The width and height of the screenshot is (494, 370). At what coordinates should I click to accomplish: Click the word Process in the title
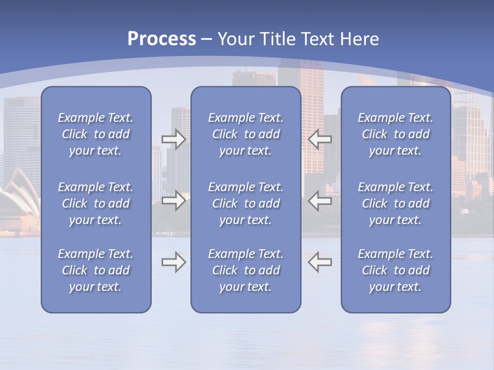click(x=162, y=39)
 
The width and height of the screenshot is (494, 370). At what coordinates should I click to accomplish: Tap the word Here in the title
click(x=360, y=39)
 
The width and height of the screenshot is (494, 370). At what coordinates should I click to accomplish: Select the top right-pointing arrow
click(x=174, y=139)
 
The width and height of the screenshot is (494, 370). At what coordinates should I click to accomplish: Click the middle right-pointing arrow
click(x=174, y=200)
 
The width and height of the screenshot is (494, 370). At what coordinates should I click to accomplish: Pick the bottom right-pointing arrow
click(x=174, y=262)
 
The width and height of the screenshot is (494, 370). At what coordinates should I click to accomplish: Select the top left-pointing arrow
click(x=320, y=139)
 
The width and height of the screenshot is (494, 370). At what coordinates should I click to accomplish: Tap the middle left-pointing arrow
click(x=320, y=200)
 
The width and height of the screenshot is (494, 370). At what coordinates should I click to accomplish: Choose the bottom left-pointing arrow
click(x=320, y=262)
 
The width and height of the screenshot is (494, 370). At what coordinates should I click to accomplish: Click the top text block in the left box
click(x=96, y=134)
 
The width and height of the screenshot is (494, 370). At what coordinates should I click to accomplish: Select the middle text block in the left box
click(x=96, y=203)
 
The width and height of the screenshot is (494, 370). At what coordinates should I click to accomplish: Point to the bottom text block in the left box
click(x=96, y=270)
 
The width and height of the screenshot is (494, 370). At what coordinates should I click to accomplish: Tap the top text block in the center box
click(x=246, y=134)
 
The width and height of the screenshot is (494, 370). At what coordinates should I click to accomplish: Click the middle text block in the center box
click(x=246, y=203)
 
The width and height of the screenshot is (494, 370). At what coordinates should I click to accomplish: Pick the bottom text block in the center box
click(x=246, y=270)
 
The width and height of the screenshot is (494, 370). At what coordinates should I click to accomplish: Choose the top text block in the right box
click(x=396, y=134)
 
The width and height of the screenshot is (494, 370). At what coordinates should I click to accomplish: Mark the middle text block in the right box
click(x=396, y=203)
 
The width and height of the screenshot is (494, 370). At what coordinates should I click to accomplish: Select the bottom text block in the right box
click(x=396, y=270)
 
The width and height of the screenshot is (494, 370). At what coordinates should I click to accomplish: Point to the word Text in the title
click(x=316, y=39)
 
